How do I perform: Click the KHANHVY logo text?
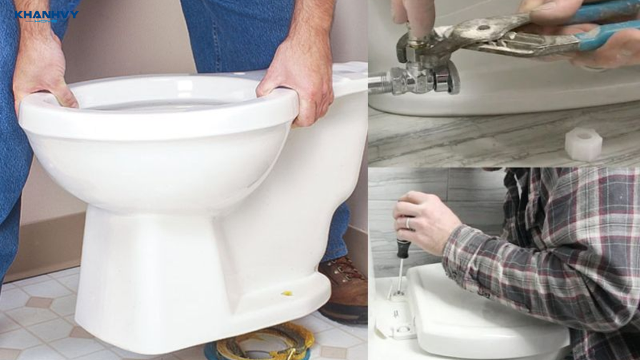click(46, 15)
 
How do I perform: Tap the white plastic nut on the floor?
click(583, 144)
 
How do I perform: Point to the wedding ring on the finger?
click(408, 223)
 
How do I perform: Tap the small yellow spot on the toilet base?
click(287, 293)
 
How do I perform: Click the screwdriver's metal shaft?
click(401, 275)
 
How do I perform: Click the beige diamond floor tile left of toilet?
click(39, 302)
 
